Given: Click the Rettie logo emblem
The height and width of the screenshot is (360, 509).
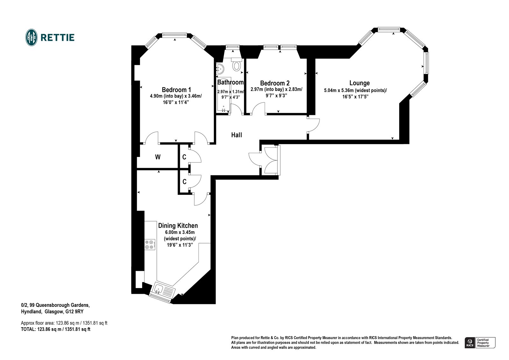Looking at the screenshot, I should point(31,38).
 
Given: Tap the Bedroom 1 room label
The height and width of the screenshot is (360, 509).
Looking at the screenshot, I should point(176,90).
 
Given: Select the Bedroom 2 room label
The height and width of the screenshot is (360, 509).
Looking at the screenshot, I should point(275,83).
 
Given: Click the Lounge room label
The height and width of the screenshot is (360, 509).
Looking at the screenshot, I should point(359,83).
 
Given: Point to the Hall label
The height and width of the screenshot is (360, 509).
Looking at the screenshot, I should point(236,135).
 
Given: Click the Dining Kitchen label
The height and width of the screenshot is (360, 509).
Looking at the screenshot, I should point(178,226).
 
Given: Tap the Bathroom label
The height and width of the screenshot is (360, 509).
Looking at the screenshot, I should point(230,82).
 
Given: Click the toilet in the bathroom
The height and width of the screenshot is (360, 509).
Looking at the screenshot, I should point(236,65).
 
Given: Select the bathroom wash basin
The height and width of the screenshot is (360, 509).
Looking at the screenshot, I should point(220,68).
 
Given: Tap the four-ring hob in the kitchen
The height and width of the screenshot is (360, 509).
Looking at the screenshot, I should point(150,244).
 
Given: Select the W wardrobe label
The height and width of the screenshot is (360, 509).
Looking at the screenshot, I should point(157,157).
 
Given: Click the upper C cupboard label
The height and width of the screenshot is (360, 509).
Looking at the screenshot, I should point(184,157).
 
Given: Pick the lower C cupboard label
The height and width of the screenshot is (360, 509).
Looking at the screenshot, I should point(184,182).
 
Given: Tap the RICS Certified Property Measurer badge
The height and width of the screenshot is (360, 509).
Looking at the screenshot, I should point(480,343).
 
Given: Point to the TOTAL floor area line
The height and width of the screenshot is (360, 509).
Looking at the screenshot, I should point(55,329).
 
